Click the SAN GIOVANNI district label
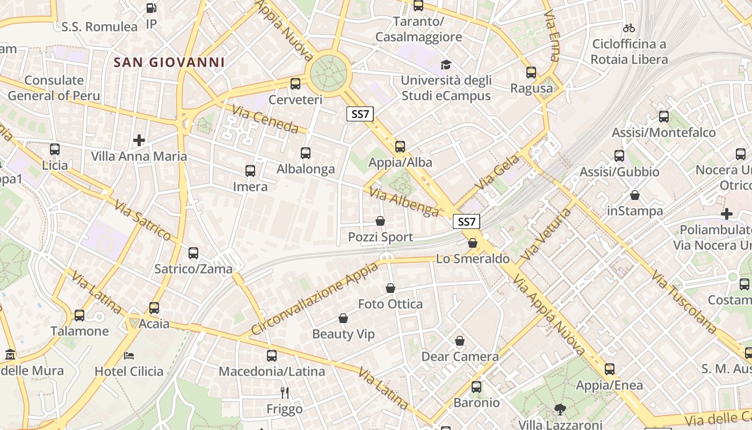tap(169, 62)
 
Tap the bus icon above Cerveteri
tap(295, 83)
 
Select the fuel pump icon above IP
tap(151, 8)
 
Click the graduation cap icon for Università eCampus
tap(446, 65)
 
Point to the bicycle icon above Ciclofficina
tap(629, 27)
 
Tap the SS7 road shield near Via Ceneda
tap(360, 114)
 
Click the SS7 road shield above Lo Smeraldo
tap(466, 221)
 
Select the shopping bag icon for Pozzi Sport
tap(380, 221)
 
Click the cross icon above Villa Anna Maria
tap(139, 140)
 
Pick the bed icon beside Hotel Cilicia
tap(129, 355)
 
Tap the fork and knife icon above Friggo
tap(285, 393)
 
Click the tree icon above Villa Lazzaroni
tap(560, 409)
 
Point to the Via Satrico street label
tap(142, 220)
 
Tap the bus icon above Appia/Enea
tap(609, 369)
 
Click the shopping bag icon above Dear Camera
tap(460, 341)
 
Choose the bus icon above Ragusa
tap(531, 72)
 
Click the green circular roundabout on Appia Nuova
tap(328, 71)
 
